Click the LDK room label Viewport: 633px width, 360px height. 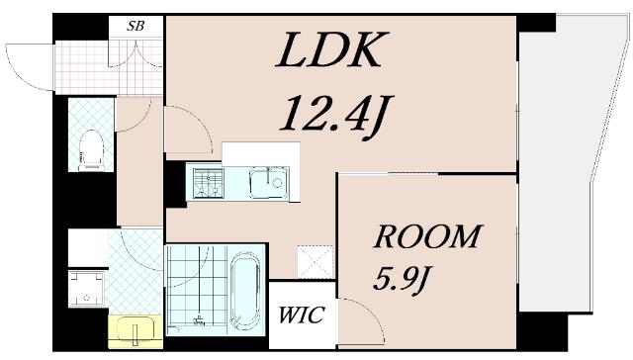click(x=328, y=49)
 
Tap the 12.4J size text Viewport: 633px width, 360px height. click(x=336, y=116)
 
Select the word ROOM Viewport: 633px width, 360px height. click(x=427, y=236)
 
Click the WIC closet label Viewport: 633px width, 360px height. click(x=302, y=315)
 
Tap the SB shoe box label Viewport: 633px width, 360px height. click(x=136, y=26)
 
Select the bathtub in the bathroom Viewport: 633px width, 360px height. click(x=244, y=291)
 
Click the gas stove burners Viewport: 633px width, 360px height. click(x=209, y=183)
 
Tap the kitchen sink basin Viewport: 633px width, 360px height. click(x=268, y=183)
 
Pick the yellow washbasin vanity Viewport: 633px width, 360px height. click(x=136, y=331)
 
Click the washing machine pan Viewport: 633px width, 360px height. click(x=86, y=289)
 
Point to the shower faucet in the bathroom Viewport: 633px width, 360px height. click(x=199, y=320)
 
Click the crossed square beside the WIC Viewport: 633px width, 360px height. click(x=316, y=261)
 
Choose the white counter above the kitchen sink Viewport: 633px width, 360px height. click(x=261, y=152)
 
